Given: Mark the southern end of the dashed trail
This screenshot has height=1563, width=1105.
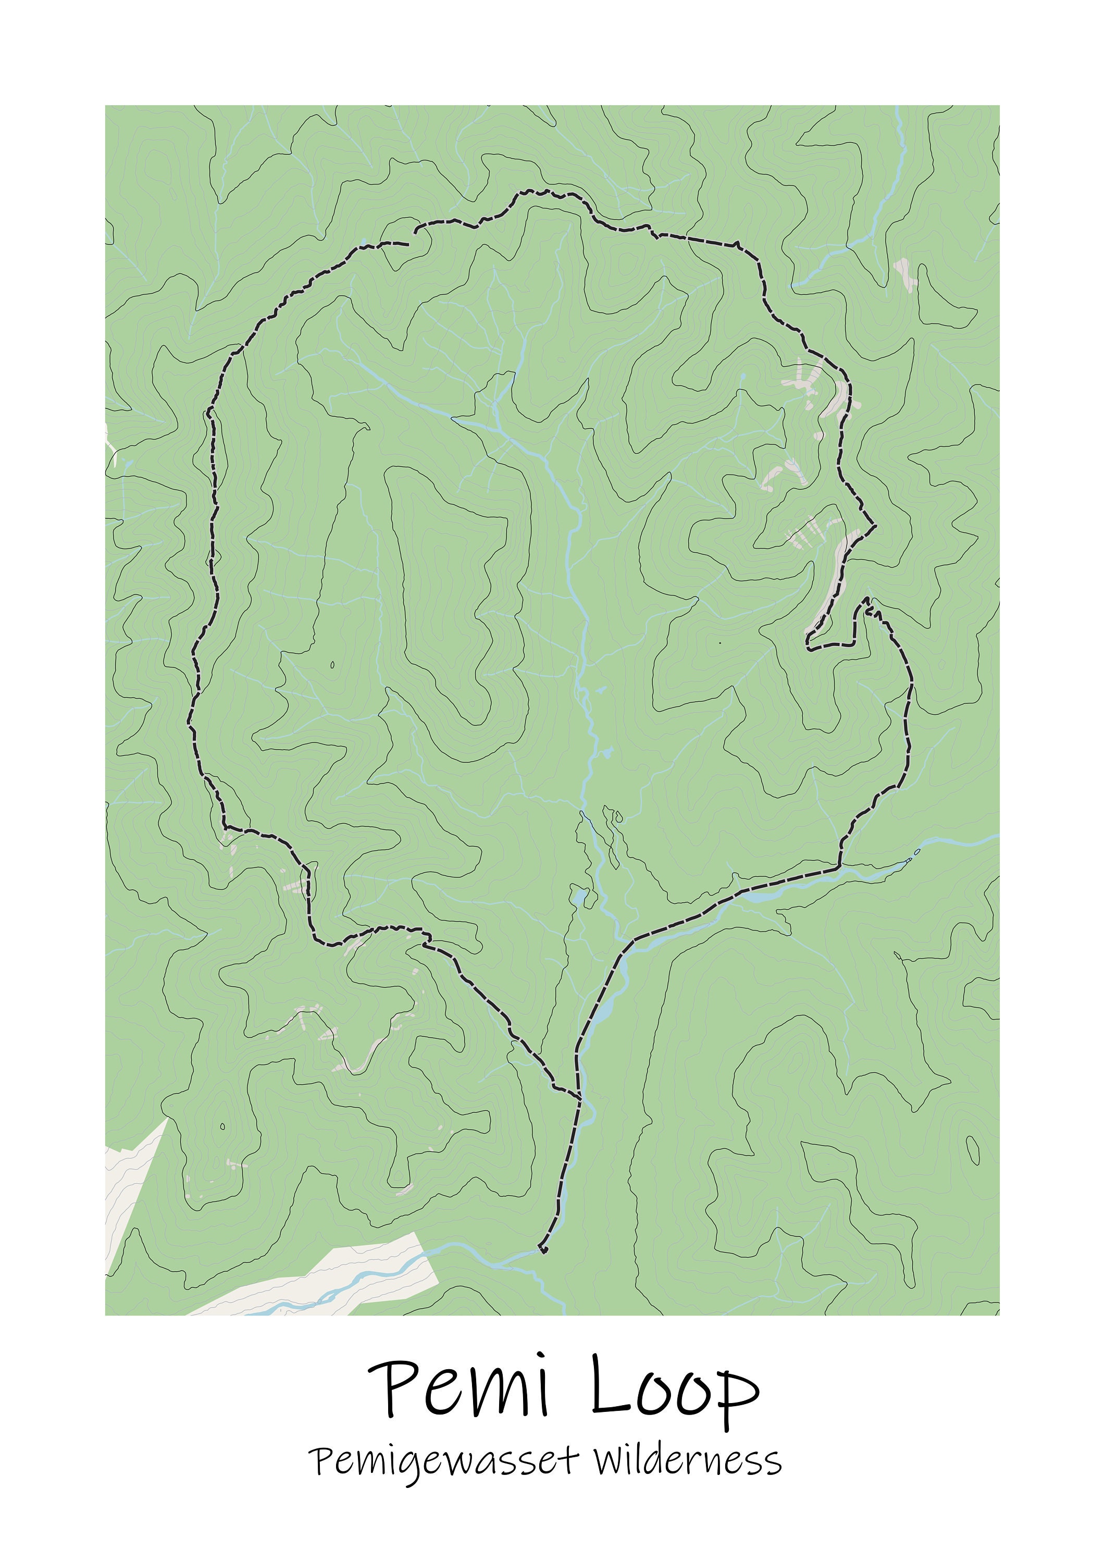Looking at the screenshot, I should click(543, 1250).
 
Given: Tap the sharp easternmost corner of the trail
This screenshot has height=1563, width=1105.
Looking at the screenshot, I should click(874, 526).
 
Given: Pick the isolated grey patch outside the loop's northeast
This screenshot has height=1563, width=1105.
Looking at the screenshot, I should click(905, 275).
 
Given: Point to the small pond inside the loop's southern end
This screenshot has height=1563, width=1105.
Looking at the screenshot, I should click(579, 897).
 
